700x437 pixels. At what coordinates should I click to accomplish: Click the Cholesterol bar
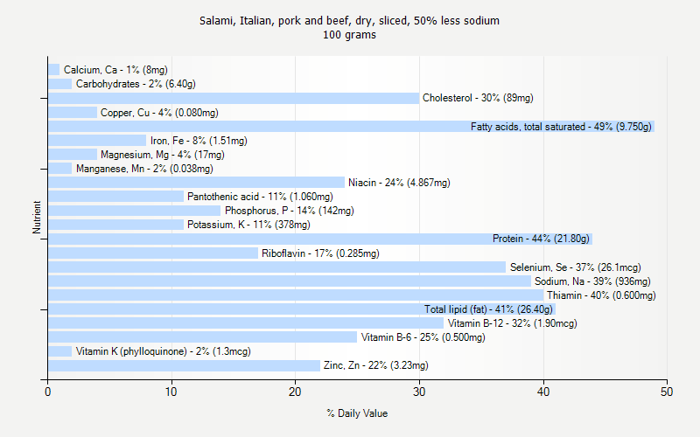point(234,98)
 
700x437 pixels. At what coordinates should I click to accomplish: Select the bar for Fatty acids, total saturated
point(262,127)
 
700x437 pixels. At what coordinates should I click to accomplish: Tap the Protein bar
point(262,239)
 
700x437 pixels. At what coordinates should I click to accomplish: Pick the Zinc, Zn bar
point(184,365)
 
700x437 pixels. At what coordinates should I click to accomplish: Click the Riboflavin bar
point(153,253)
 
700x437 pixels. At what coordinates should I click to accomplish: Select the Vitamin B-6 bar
point(202,337)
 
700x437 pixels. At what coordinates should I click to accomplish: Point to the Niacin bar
point(196,183)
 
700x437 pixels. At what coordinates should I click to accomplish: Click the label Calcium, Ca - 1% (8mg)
point(115,70)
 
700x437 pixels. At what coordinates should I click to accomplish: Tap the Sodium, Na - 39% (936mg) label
point(592,281)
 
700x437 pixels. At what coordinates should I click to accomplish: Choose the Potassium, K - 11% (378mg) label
point(248,225)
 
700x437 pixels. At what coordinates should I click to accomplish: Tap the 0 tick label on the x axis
point(47,392)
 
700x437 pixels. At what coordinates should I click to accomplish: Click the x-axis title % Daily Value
point(357,413)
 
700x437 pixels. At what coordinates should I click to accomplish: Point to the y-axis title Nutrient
point(37,218)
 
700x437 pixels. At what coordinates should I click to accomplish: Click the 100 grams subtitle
point(349,36)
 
